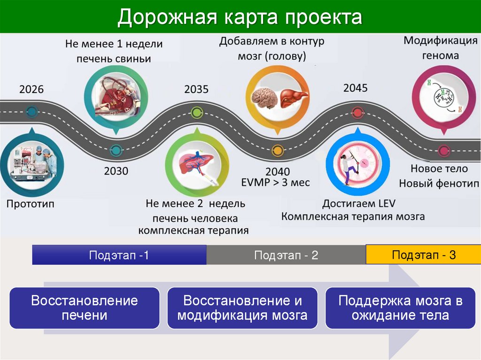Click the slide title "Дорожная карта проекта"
tap(240, 17)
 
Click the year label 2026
tap(31, 89)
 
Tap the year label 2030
tap(116, 171)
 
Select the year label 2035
tap(196, 89)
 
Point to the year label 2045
tap(356, 88)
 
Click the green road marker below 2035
tap(196, 112)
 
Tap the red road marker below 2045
tap(357, 112)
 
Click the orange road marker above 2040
tap(277, 150)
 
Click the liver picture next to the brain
tap(294, 97)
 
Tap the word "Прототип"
tap(31, 204)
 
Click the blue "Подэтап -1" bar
tap(119, 255)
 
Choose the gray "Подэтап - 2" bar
tap(286, 255)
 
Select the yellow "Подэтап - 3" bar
tap(423, 255)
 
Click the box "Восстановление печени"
tap(85, 307)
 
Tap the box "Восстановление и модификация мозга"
tap(242, 307)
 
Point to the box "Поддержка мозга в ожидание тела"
tap(400, 307)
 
